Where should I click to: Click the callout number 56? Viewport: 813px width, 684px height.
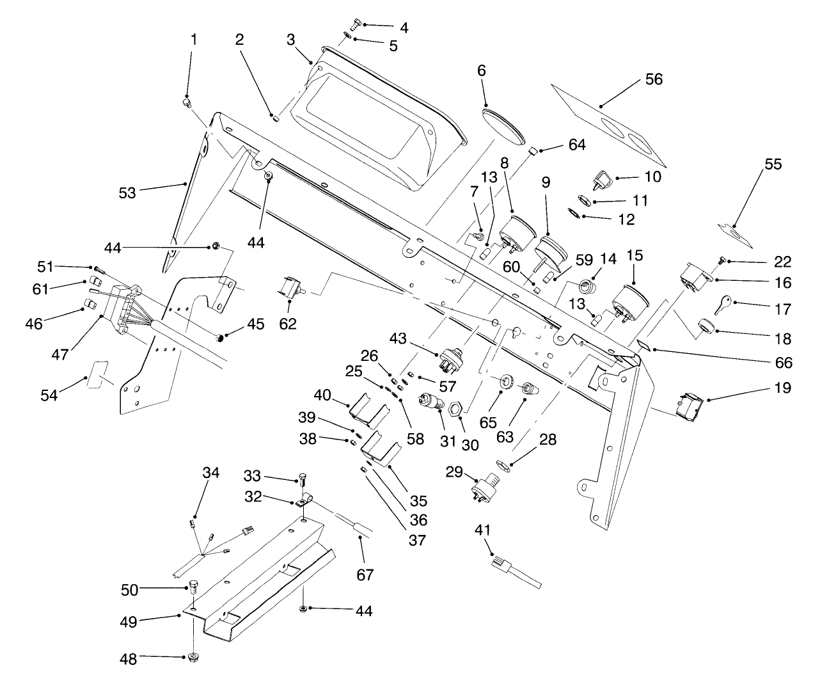pos(653,79)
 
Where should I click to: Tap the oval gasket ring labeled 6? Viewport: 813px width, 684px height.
pos(503,124)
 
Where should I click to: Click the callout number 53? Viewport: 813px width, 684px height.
pos(127,191)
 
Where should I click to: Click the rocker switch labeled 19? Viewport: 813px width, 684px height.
pos(690,405)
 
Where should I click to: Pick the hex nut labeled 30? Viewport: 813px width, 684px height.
pos(455,408)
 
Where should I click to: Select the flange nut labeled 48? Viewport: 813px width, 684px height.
pos(193,657)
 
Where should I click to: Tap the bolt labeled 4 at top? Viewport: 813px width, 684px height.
pos(356,24)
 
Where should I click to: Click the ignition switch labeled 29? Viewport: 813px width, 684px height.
pos(486,489)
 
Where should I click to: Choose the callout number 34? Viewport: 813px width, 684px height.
pos(210,473)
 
